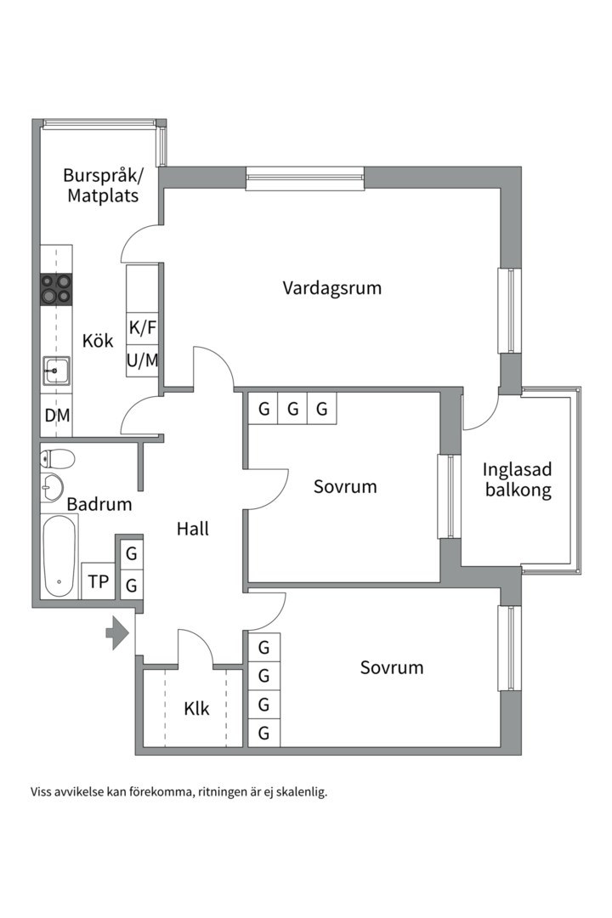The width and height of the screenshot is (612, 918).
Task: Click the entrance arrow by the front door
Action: point(116,633)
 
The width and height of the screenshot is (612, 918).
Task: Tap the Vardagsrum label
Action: point(331,288)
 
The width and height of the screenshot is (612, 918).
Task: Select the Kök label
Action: point(98,341)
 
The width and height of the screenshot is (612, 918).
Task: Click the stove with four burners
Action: point(56,289)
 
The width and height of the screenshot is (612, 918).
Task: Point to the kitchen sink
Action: point(56,371)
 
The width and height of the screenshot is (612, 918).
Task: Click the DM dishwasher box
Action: point(57,416)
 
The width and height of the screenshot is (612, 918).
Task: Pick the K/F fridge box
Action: point(143,327)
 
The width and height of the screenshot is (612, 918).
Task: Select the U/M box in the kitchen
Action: point(143,360)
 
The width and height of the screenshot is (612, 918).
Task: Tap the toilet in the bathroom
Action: point(57,459)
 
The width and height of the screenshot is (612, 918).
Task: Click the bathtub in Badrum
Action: point(59,557)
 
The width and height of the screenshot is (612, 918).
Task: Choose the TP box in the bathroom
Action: point(99,582)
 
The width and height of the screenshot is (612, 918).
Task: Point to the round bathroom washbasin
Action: point(52,488)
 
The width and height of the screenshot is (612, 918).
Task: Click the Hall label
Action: point(193,529)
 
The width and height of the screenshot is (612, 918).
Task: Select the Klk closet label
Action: point(196,708)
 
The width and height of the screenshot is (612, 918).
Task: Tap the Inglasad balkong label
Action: point(517,479)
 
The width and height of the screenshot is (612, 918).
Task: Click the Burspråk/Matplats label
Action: point(104,185)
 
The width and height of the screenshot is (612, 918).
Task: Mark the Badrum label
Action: point(99,504)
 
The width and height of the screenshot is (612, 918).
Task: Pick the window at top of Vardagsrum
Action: point(305,178)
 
